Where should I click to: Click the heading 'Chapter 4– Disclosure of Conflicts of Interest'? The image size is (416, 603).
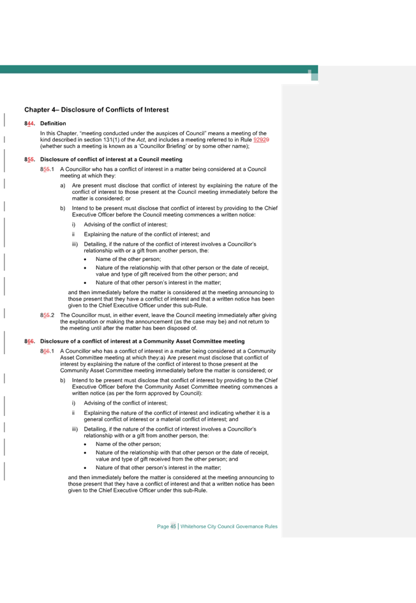(96, 110)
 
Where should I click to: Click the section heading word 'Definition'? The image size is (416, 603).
(53, 123)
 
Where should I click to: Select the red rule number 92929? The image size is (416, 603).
(262, 140)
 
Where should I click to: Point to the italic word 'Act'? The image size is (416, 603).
(141, 140)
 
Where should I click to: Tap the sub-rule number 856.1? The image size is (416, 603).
(47, 169)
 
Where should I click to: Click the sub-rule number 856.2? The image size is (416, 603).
(47, 315)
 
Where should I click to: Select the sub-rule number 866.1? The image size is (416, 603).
(47, 351)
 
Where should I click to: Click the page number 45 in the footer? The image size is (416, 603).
(174, 526)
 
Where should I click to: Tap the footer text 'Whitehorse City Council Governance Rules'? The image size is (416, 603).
(229, 526)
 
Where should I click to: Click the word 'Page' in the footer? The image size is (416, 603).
(163, 526)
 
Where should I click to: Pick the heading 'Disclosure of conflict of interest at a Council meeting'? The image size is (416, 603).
(112, 160)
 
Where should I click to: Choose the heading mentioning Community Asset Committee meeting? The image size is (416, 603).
(143, 341)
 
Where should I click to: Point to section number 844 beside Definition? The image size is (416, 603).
(29, 123)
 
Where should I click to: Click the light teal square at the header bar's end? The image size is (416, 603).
(314, 76)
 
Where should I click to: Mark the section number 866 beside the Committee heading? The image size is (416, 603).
(29, 341)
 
